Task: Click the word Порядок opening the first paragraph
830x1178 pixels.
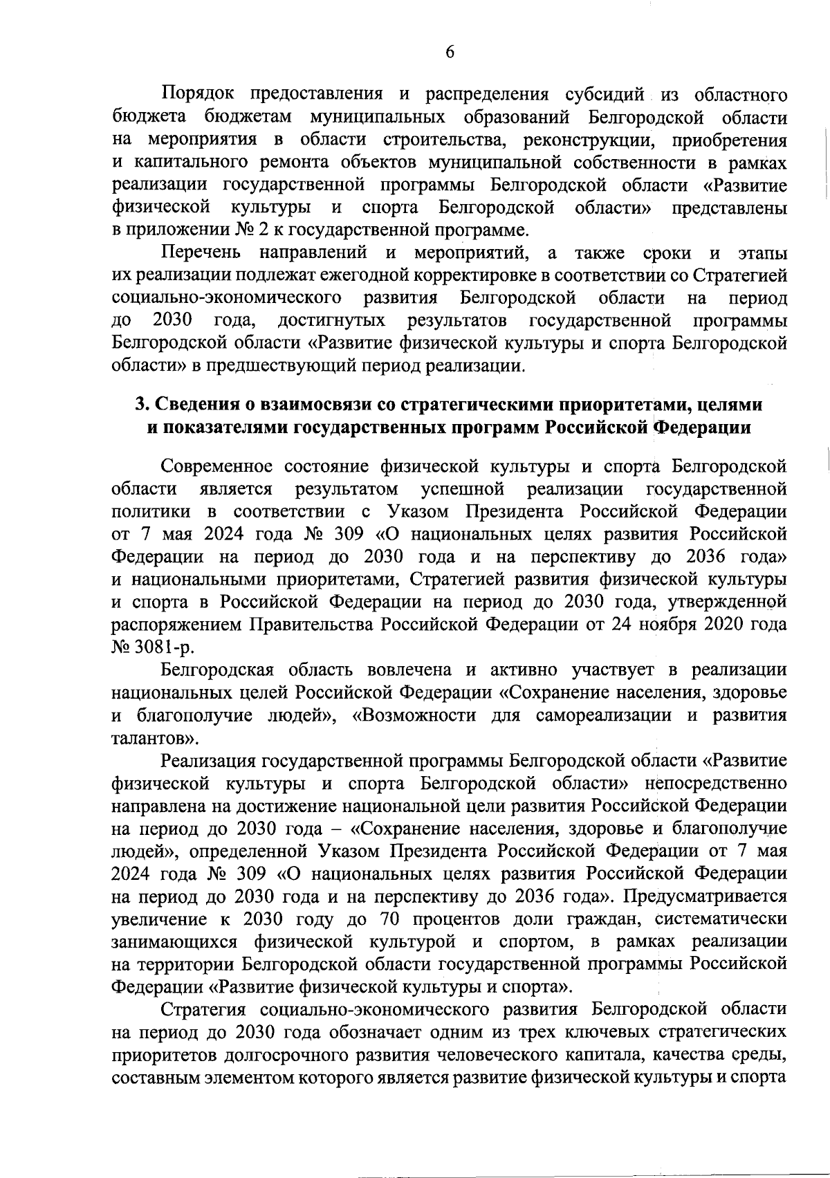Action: [x=196, y=94]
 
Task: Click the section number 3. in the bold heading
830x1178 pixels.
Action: [x=141, y=404]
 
